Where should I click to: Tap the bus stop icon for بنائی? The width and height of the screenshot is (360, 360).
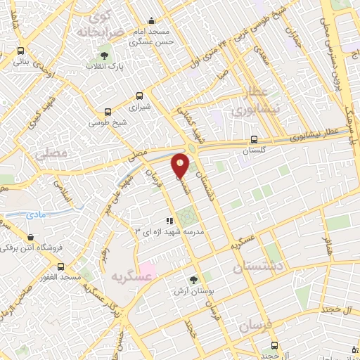20,51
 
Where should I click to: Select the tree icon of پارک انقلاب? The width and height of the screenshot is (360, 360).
105,54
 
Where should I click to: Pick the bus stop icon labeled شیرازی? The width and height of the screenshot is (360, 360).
139,96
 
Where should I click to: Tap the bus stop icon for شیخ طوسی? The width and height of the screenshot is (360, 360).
108,111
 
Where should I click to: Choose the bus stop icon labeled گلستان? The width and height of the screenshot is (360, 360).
254,139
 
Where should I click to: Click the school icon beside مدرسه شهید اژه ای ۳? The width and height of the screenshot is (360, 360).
169,220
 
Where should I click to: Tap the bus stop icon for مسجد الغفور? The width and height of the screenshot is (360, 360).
61,267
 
